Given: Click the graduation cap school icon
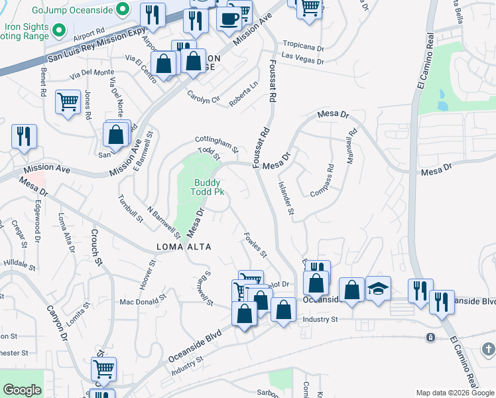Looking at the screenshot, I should [378, 289].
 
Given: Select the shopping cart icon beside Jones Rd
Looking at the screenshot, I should [68, 102].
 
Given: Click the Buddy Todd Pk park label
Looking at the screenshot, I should [208, 187].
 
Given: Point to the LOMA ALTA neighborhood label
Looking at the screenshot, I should [184, 247].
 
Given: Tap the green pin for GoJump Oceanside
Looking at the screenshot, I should [122, 9].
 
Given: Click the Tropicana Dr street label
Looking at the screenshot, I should [303, 48].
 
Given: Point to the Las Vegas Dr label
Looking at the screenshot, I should [302, 61].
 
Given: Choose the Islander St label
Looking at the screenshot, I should [286, 199].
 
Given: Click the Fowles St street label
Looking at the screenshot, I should [255, 245].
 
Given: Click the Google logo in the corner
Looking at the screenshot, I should [23, 390].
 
